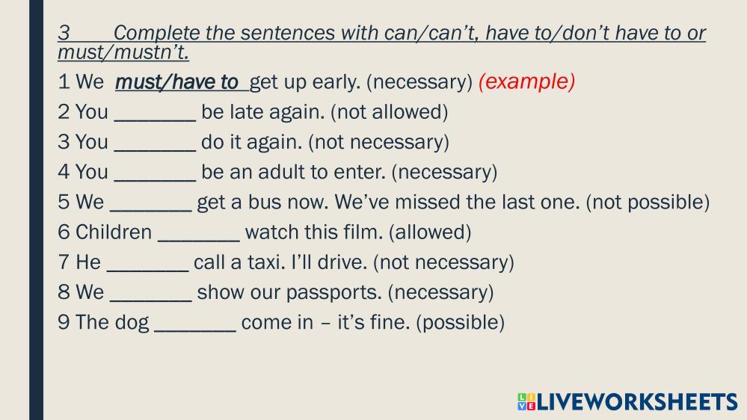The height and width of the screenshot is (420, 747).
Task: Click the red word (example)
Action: coord(526,82)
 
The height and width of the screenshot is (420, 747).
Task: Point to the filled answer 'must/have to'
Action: coord(176,82)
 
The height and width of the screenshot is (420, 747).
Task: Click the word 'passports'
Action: coord(333,292)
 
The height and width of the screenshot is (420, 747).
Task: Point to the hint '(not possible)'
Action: coord(648,203)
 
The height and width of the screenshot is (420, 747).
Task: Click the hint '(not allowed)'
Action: coord(390,112)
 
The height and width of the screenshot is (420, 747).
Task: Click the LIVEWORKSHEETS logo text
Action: coord(637,401)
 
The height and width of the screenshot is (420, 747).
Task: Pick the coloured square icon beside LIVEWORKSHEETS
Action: coord(526,401)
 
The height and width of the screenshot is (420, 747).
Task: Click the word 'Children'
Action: coord(114,232)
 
